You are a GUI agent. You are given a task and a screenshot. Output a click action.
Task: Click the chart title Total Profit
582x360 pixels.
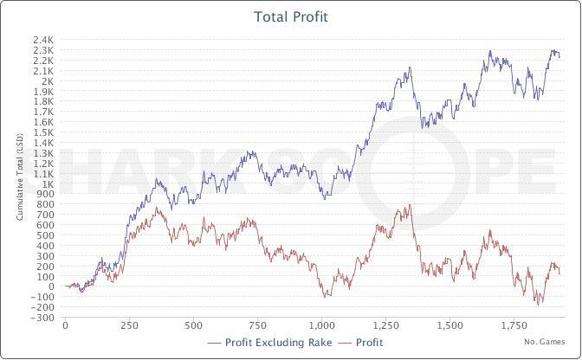[x=291, y=16]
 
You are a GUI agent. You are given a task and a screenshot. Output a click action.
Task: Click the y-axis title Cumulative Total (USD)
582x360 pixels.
[x=20, y=177]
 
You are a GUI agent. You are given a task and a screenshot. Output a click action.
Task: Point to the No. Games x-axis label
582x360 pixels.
[x=544, y=342]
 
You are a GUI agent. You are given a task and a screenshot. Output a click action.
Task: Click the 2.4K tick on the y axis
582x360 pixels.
[x=43, y=40]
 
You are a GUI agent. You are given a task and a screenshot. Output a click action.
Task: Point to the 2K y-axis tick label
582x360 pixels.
[x=48, y=81]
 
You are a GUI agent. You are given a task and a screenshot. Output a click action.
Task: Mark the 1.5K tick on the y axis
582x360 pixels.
[x=43, y=132]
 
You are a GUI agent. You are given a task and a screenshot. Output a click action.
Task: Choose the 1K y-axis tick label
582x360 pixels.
[x=48, y=184]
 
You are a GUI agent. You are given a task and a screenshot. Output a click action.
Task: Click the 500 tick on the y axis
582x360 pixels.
[x=46, y=235]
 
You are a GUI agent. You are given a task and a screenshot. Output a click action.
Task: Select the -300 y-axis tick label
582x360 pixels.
[x=42, y=318]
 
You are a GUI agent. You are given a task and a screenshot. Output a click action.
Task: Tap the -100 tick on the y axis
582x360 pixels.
[x=42, y=297]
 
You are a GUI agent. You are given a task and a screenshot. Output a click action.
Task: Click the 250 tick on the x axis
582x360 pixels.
[x=129, y=326]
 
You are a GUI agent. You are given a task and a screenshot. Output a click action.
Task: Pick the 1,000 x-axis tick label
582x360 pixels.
[x=321, y=326]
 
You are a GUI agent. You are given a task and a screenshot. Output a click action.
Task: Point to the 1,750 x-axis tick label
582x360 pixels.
[x=514, y=326]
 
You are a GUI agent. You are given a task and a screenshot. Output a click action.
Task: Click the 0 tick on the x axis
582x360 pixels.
[x=65, y=326]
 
